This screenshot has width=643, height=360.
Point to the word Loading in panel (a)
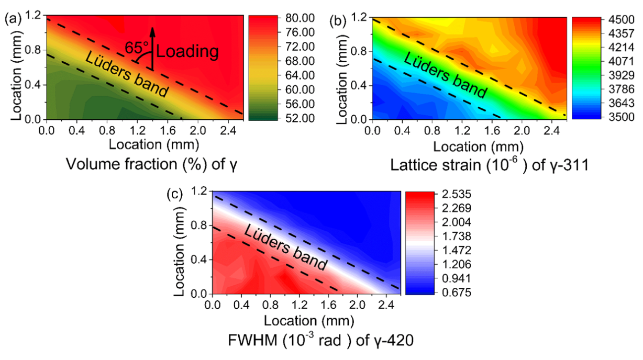coord(187,51)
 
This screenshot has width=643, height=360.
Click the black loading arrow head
coord(152,30)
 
